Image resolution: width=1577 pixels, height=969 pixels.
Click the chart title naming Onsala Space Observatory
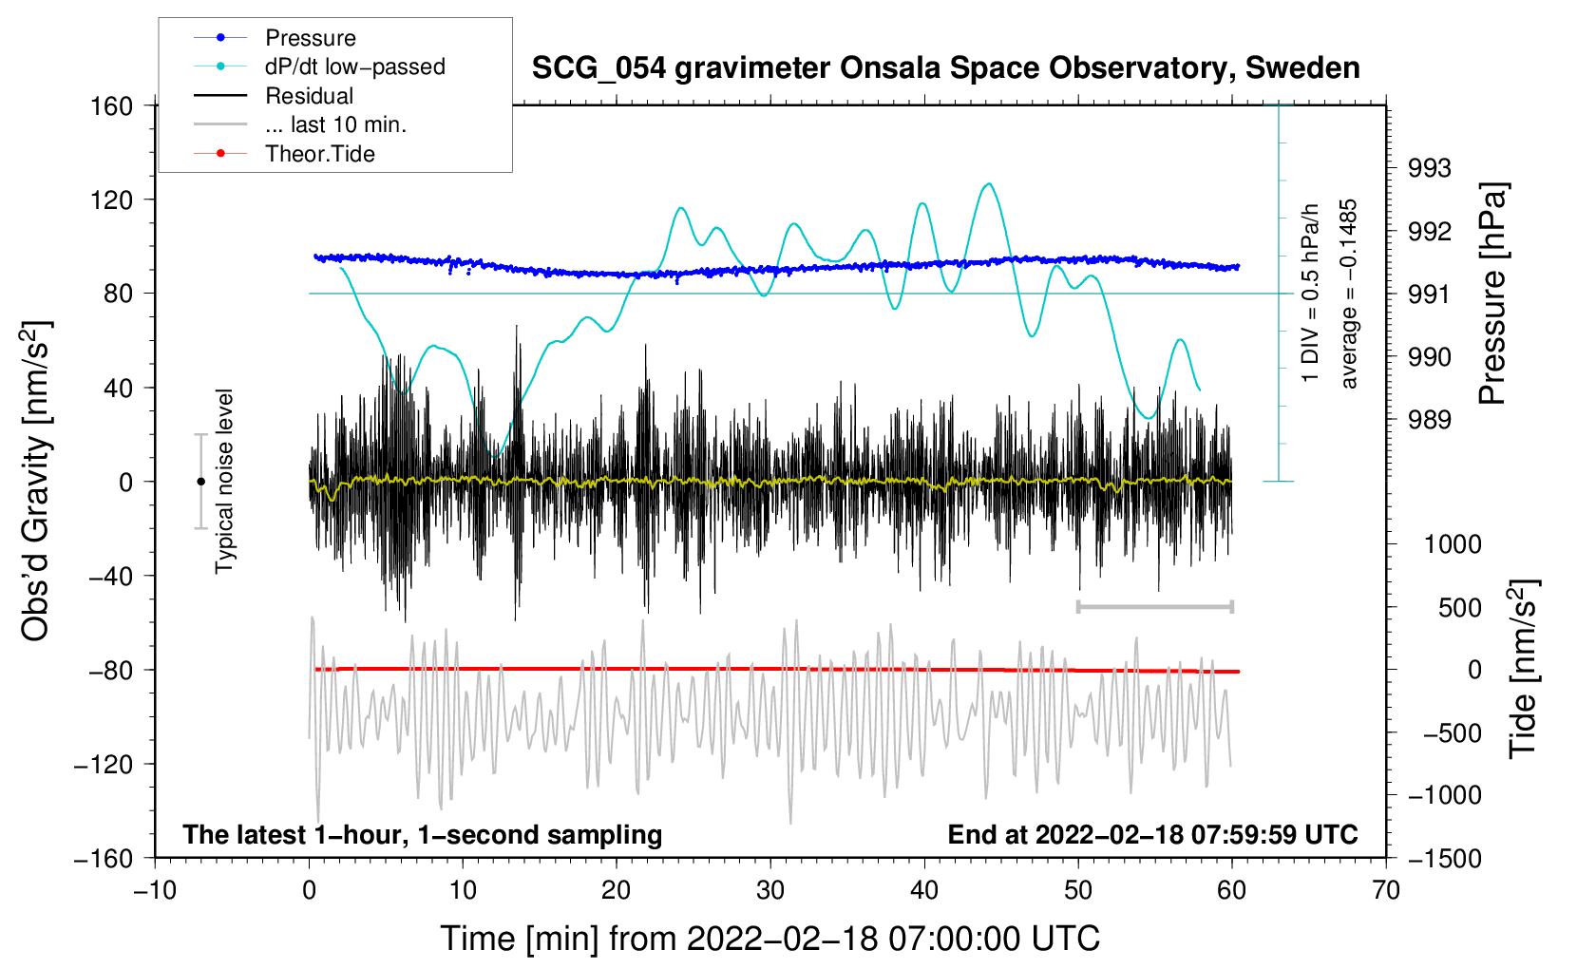click(945, 68)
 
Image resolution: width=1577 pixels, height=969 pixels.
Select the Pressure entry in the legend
click(310, 38)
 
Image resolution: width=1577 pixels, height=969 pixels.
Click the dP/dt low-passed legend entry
click(354, 66)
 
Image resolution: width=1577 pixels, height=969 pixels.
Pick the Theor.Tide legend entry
click(319, 154)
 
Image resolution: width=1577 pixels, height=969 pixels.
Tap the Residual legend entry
click(309, 96)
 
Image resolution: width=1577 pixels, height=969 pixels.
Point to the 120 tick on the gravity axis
click(112, 199)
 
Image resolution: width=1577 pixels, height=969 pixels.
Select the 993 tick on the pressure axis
click(1430, 168)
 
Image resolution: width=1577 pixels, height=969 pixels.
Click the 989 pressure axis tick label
click(1430, 420)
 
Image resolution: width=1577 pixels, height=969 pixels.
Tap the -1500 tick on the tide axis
click(1444, 858)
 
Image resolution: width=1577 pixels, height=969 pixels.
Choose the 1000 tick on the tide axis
click(1453, 544)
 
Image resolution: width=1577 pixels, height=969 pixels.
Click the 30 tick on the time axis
click(770, 890)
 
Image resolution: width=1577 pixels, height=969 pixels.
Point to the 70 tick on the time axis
click(1386, 890)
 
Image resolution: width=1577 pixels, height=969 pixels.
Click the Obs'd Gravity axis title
click(35, 481)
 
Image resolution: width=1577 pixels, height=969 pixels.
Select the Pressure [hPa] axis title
click(1492, 294)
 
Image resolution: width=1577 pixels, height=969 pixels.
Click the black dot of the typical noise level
click(200, 482)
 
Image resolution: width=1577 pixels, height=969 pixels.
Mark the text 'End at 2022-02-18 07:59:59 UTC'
click(1152, 834)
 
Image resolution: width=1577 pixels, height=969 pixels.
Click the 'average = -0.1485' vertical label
click(1349, 294)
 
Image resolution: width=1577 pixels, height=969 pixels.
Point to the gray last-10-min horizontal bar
click(1154, 606)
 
